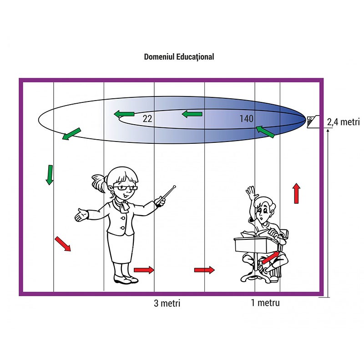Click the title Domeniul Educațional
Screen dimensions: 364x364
click(179, 57)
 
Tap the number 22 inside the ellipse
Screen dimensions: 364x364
click(147, 119)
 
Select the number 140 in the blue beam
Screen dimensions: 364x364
click(246, 119)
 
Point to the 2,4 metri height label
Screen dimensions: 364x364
click(343, 122)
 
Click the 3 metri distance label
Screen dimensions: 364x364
click(167, 303)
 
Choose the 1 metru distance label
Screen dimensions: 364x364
click(265, 303)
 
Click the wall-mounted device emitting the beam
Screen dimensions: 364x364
click(313, 121)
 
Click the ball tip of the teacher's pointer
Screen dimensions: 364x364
click(174, 187)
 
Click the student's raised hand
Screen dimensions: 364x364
click(251, 193)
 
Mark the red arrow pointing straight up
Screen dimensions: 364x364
click(296, 193)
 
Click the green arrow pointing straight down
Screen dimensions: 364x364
click(50, 175)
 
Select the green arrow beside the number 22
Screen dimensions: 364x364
click(124, 114)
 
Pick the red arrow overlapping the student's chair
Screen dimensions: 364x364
click(271, 258)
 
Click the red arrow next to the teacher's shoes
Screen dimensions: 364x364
click(144, 270)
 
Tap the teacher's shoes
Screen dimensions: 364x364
click(126, 279)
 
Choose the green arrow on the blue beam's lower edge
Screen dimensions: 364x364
click(265, 132)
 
